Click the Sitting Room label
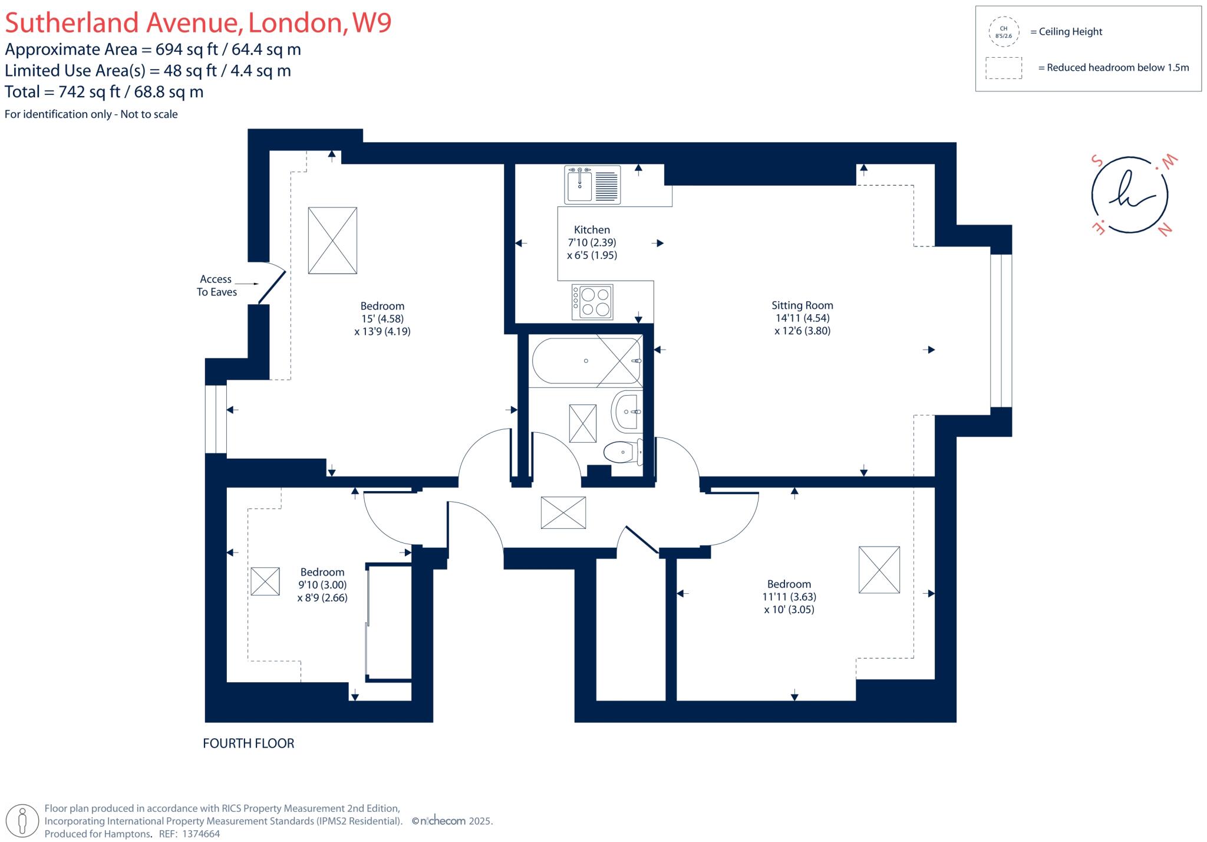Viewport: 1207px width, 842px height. click(x=802, y=305)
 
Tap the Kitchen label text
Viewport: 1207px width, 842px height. click(x=592, y=230)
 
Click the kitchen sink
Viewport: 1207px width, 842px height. click(x=592, y=184)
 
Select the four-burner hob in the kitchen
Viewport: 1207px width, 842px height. click(x=592, y=302)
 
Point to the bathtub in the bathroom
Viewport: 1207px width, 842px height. click(x=586, y=361)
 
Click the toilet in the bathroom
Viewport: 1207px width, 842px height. click(x=622, y=452)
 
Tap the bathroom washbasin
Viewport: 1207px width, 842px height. click(x=626, y=411)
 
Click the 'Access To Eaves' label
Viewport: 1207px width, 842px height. click(x=216, y=285)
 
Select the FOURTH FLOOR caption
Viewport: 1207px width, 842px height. click(x=249, y=743)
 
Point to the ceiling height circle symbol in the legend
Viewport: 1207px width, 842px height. click(x=1003, y=32)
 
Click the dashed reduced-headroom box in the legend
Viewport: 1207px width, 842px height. click(x=1004, y=68)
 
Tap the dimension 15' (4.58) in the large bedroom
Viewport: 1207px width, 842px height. click(x=382, y=318)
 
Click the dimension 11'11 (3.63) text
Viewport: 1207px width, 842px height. click(x=789, y=597)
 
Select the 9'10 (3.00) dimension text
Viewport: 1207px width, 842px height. click(x=322, y=585)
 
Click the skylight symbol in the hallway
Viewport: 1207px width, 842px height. click(x=563, y=512)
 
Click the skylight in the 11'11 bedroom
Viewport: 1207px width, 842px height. click(x=879, y=570)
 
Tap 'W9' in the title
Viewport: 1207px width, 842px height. click(x=371, y=22)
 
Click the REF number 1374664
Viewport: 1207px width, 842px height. click(x=201, y=834)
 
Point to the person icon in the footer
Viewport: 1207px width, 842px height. click(x=23, y=820)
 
